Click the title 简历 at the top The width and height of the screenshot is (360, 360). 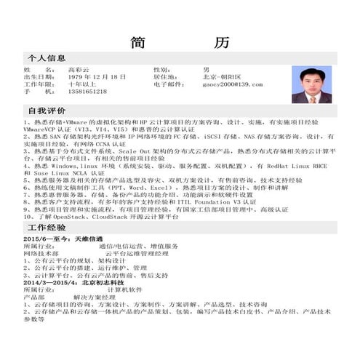click(180, 42)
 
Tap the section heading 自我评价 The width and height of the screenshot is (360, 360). click(47, 110)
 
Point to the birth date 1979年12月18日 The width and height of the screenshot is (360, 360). click(97, 76)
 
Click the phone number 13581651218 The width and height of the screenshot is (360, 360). click(87, 92)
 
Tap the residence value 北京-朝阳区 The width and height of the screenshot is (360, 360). click(222, 76)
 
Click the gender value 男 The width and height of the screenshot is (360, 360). click(207, 69)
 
